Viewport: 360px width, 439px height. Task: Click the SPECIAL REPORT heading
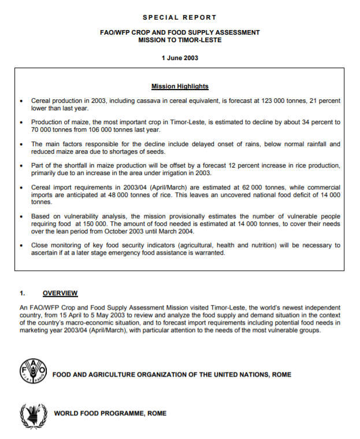(x=179, y=18)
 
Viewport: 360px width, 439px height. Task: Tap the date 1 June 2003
(x=179, y=58)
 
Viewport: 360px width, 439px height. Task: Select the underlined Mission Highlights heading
(x=180, y=87)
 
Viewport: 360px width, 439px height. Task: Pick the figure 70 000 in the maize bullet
(x=44, y=130)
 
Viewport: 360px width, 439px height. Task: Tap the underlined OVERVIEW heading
(x=60, y=293)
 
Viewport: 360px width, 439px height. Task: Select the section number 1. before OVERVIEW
(x=23, y=293)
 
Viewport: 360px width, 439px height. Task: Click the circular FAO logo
(x=32, y=373)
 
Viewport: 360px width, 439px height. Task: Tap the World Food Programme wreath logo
(x=32, y=414)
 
